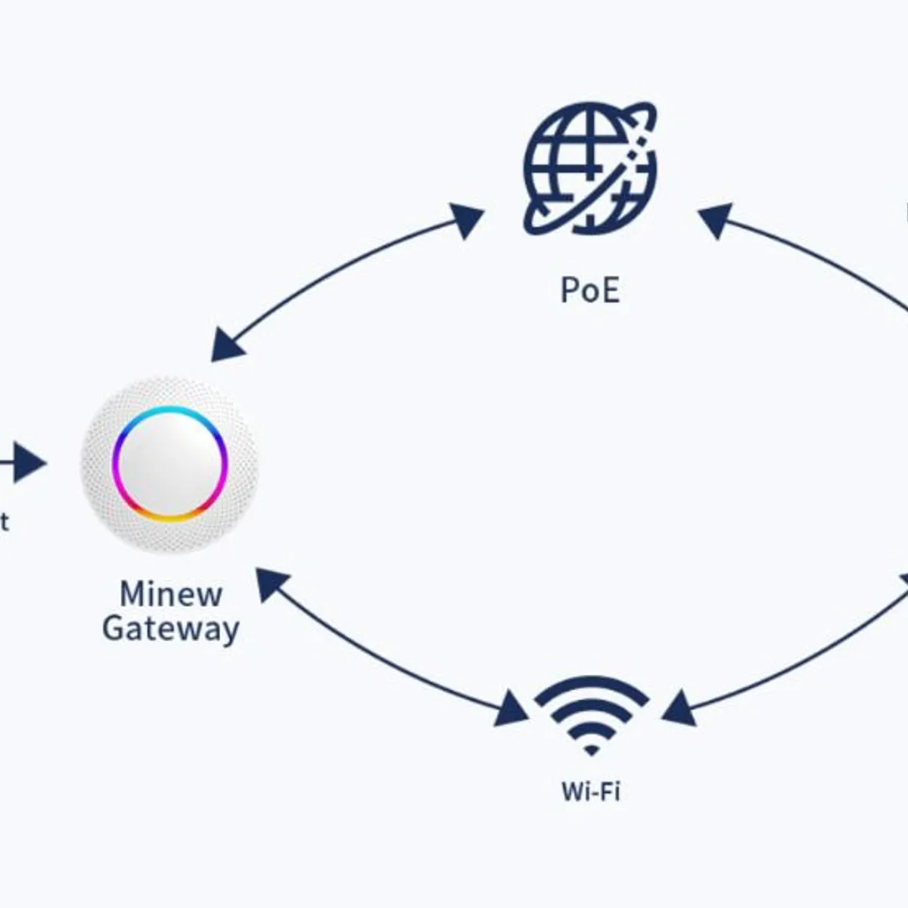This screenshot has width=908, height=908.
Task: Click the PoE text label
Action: (x=589, y=290)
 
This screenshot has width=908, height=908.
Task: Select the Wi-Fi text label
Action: (x=590, y=791)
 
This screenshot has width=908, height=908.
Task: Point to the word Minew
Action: (x=171, y=594)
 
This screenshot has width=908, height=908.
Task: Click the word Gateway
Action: (x=171, y=628)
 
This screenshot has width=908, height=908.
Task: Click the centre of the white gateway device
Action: (x=169, y=464)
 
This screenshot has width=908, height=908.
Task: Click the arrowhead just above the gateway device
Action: (x=227, y=345)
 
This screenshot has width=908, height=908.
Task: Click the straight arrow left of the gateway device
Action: (x=23, y=463)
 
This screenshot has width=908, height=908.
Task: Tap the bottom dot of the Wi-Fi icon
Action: (x=591, y=751)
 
